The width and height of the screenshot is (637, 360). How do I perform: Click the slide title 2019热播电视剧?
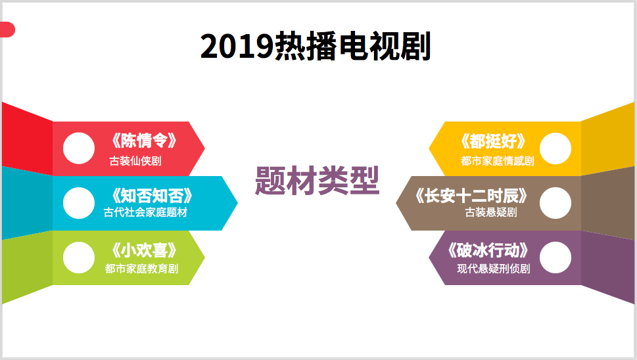[316, 47]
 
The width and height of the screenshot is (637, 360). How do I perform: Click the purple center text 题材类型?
[318, 181]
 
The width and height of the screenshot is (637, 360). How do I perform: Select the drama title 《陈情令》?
[144, 141]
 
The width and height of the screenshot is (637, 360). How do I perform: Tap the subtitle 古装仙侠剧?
[135, 161]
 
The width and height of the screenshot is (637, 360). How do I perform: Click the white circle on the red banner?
[79, 148]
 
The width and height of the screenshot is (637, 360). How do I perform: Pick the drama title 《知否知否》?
[152, 196]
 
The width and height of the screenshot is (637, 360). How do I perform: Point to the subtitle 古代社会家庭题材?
[145, 212]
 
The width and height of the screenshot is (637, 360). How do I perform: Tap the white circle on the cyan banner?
[79, 203]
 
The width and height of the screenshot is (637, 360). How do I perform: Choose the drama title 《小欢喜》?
[144, 250]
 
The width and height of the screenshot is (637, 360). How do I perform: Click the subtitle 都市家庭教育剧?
[141, 269]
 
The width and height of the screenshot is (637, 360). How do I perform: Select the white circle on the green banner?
[79, 258]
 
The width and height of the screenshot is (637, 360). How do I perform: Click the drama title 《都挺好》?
[493, 141]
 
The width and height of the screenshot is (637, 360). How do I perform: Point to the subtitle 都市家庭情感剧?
[498, 161]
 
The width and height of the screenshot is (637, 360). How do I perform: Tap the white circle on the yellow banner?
[555, 148]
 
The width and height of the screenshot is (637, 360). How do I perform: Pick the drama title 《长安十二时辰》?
[471, 196]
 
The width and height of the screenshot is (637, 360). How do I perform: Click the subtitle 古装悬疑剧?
[491, 212]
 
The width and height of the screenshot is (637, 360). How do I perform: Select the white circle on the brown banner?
[555, 203]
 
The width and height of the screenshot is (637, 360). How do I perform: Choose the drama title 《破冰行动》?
[488, 250]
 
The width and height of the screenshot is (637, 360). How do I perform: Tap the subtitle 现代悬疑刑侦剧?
[494, 269]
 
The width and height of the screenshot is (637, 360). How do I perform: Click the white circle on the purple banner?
[555, 258]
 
